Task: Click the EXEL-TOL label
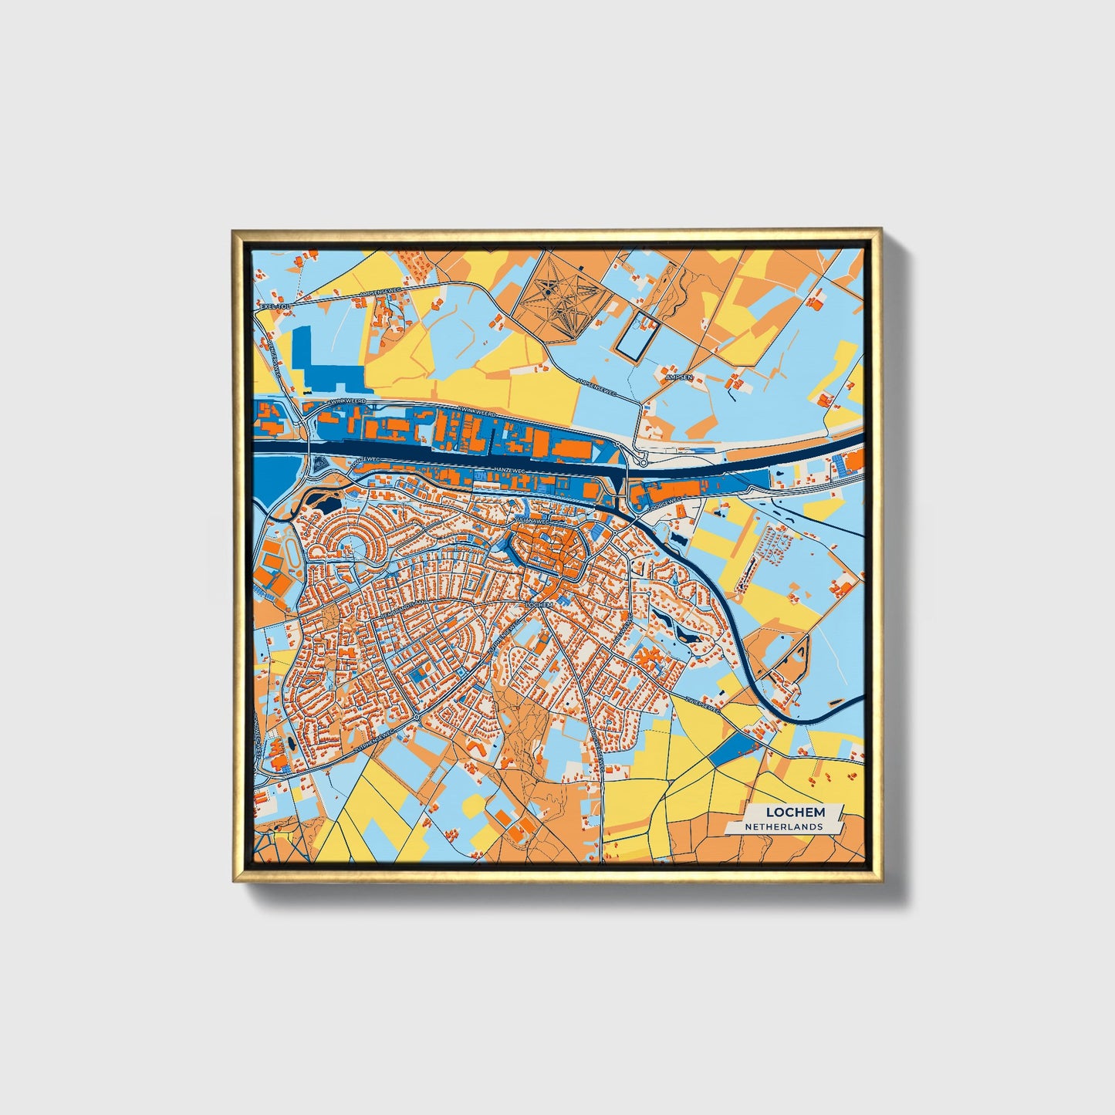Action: pos(275,306)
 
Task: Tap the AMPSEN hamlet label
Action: pos(680,377)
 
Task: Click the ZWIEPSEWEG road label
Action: pos(701,704)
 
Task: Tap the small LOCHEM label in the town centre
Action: pos(539,604)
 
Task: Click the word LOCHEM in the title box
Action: pos(795,812)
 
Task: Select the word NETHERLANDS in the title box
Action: pos(783,826)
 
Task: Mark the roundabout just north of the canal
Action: pos(642,462)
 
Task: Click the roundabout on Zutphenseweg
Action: pos(417,718)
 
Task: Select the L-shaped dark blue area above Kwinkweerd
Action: pos(324,367)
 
